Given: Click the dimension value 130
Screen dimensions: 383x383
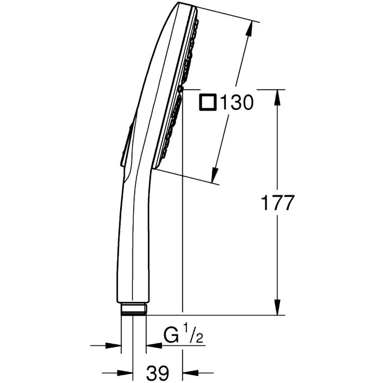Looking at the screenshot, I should tap(236, 103).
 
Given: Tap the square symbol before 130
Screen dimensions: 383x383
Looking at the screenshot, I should tap(208, 103).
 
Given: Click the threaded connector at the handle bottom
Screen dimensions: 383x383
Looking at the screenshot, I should tap(134, 309).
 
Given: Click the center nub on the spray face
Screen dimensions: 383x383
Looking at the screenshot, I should tap(182, 89).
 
